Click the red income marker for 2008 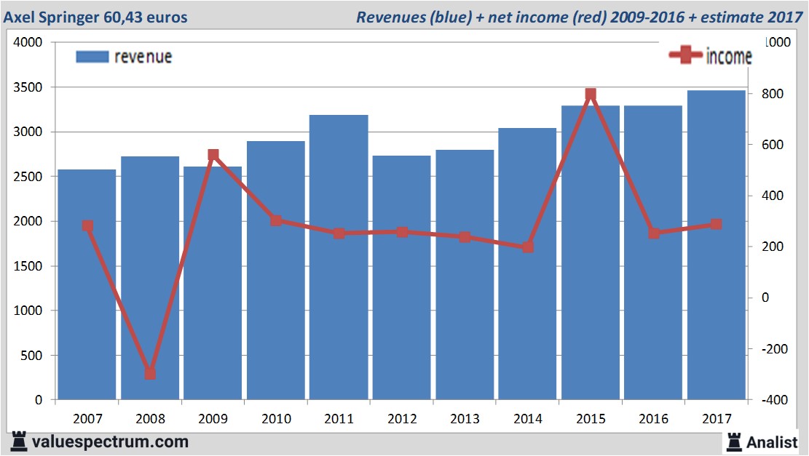(x=150, y=373)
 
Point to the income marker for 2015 (x=591, y=95)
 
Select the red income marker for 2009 (x=213, y=155)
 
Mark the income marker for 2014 (x=528, y=247)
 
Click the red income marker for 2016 (x=654, y=233)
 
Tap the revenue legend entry (x=124, y=57)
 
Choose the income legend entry (x=710, y=57)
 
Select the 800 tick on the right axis (x=773, y=94)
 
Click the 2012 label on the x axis (x=402, y=419)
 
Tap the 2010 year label (x=276, y=419)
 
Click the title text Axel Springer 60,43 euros (x=95, y=17)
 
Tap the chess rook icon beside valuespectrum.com (x=18, y=441)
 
